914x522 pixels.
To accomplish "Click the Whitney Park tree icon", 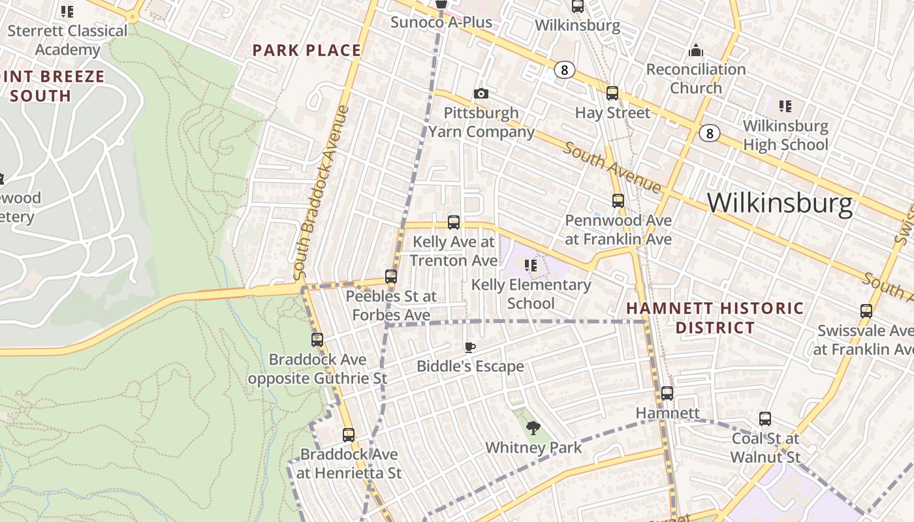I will pyautogui.click(x=533, y=428).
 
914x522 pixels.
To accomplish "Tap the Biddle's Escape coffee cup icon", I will pyautogui.click(x=469, y=347).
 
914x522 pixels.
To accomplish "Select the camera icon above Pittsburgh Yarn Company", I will pyautogui.click(x=481, y=93).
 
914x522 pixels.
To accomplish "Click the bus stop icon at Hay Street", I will pyautogui.click(x=612, y=93).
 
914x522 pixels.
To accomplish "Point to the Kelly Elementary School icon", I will pyautogui.click(x=531, y=266).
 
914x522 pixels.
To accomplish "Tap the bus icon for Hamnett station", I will pyautogui.click(x=667, y=393).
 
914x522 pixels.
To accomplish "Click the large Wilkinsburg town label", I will pyautogui.click(x=780, y=203).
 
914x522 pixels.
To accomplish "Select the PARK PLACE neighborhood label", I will pyautogui.click(x=307, y=50).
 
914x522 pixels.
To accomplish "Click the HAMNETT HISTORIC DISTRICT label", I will pyautogui.click(x=716, y=317).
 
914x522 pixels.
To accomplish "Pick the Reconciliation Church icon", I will pyautogui.click(x=696, y=50).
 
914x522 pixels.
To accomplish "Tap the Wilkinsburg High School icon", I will pyautogui.click(x=785, y=106).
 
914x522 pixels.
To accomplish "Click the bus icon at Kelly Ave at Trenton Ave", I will pyautogui.click(x=454, y=223).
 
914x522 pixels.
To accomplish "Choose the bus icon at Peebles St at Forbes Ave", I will pyautogui.click(x=391, y=277).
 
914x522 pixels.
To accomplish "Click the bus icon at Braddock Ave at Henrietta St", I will pyautogui.click(x=349, y=435).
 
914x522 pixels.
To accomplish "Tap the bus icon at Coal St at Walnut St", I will pyautogui.click(x=765, y=419).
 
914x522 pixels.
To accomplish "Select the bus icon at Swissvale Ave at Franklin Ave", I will pyautogui.click(x=866, y=311).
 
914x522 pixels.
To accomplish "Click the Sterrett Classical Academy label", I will pyautogui.click(x=68, y=40).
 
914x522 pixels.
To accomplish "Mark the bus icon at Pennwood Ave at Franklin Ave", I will pyautogui.click(x=618, y=201).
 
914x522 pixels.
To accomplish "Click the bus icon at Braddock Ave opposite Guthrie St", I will pyautogui.click(x=317, y=340).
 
